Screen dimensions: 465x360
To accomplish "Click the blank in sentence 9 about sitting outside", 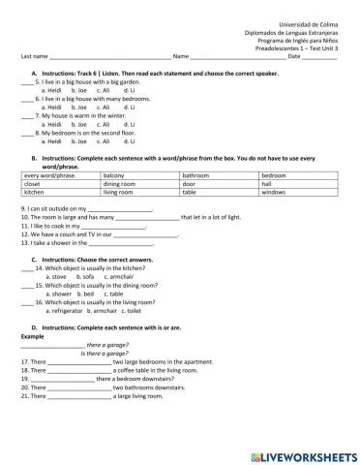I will tap(121, 208).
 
